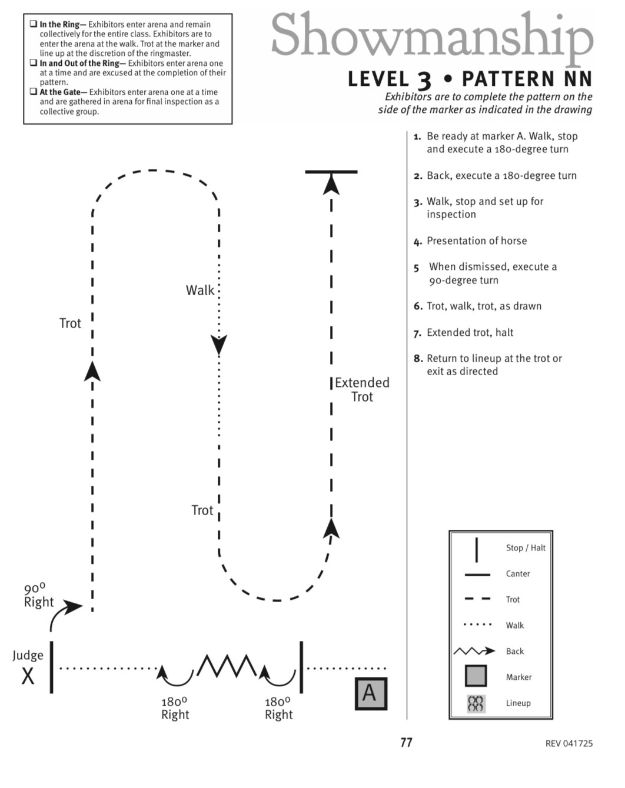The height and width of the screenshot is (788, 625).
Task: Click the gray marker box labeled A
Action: (371, 693)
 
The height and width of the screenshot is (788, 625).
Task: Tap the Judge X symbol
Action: (28, 676)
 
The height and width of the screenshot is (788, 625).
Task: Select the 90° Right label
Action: (38, 596)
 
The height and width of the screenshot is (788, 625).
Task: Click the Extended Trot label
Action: (362, 390)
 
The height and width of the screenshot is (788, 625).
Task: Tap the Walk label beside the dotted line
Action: (200, 291)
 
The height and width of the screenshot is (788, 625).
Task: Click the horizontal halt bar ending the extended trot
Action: (331, 171)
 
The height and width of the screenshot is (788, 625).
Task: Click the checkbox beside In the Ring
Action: (34, 24)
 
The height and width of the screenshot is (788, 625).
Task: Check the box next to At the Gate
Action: (34, 91)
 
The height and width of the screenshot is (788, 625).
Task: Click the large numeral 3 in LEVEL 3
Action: (424, 80)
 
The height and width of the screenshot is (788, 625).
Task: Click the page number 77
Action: (406, 743)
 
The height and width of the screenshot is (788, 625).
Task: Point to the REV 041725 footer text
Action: (569, 743)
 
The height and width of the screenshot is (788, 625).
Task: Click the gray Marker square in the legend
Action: (476, 676)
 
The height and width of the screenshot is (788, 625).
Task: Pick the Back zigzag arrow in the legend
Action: (474, 651)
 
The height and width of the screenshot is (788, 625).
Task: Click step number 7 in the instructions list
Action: (417, 334)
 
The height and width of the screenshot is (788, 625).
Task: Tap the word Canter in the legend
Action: (517, 574)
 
